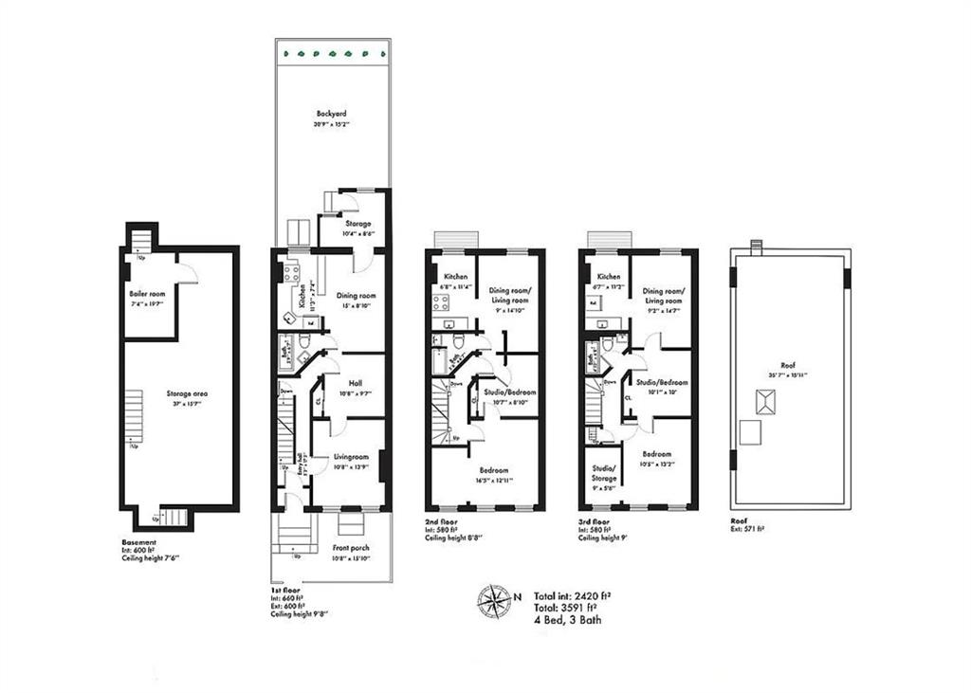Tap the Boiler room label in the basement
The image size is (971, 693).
pos(147,294)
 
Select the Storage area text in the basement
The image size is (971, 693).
pos(187,392)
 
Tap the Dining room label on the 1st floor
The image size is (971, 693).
pos(356,296)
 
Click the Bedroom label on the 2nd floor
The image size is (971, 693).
pos(493,470)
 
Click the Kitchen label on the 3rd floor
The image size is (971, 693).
pos(609,276)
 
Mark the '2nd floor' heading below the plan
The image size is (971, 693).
pos(442,521)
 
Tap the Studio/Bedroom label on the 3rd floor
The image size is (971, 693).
pos(663,382)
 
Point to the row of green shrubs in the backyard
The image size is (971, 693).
pos(332,53)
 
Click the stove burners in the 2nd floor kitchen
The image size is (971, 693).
pos(441,303)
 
